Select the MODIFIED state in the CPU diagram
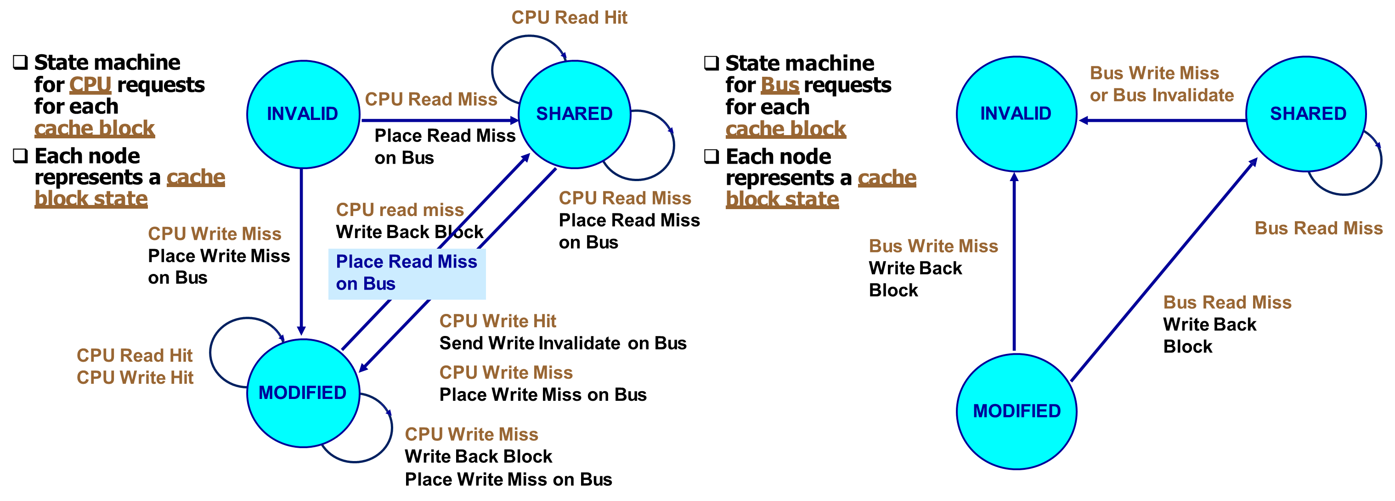303,393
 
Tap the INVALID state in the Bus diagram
1016,114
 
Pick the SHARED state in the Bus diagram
1307,114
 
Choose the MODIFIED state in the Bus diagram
1017,411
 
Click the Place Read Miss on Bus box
407,273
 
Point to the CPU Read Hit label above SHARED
569,17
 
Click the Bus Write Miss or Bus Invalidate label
1161,84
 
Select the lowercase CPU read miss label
400,210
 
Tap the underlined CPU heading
90,85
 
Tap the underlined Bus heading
779,85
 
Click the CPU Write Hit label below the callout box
497,321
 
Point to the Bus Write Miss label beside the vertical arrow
933,246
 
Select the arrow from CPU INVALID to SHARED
439,120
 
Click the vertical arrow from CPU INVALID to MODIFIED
301,249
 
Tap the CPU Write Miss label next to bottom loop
471,434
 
